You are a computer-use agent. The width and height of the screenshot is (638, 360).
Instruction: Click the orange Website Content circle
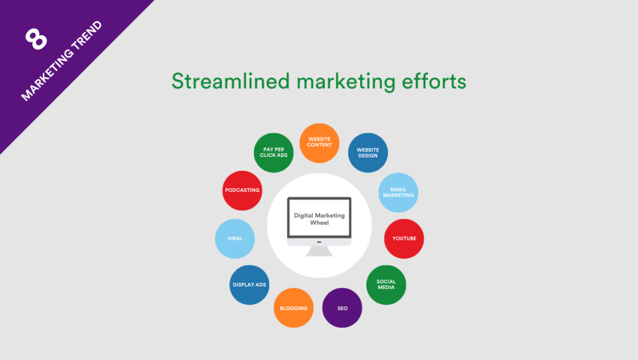tap(320, 142)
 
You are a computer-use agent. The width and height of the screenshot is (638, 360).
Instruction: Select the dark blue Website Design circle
tap(368, 153)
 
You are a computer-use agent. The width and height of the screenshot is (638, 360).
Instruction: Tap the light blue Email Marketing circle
tap(398, 192)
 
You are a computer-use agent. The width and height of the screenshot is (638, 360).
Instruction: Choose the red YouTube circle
tap(404, 239)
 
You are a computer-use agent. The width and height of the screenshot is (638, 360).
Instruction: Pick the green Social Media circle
tap(386, 284)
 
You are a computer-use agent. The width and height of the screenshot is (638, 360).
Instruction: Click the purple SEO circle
tap(342, 308)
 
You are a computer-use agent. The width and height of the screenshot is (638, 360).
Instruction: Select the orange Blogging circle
tap(293, 308)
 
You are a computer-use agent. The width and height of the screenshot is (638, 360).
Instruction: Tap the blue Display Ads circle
tap(249, 285)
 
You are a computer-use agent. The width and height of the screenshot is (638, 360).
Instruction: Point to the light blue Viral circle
tap(235, 238)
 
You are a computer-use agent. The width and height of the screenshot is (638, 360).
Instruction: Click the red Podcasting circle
tap(242, 190)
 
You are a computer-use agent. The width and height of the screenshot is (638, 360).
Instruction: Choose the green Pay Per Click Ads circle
tap(273, 153)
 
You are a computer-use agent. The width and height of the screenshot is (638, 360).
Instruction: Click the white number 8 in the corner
tap(36, 38)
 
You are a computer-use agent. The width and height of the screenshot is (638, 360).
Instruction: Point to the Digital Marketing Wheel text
tap(319, 219)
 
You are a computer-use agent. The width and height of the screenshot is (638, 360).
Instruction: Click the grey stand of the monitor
tap(319, 250)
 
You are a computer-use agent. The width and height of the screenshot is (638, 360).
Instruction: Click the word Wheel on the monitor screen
tap(319, 223)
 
